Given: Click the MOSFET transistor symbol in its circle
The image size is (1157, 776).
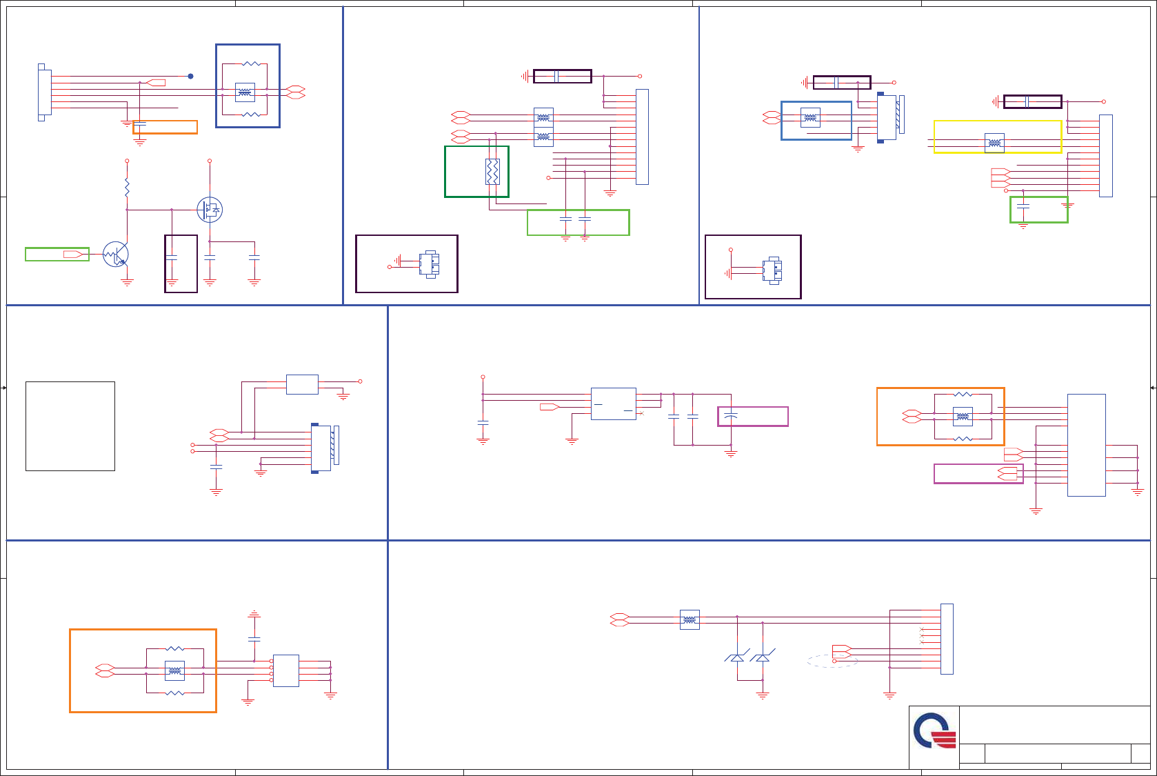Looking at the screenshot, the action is pyautogui.click(x=210, y=210).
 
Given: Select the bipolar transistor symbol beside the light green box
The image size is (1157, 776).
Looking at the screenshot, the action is pyautogui.click(x=116, y=255).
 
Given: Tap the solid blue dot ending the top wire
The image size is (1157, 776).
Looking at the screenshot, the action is pyautogui.click(x=190, y=77).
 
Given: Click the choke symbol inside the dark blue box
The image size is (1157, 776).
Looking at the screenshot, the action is pyautogui.click(x=245, y=92).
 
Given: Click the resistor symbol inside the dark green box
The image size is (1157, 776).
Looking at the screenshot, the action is pyautogui.click(x=492, y=172).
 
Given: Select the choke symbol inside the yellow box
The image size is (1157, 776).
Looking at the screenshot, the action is pyautogui.click(x=994, y=143).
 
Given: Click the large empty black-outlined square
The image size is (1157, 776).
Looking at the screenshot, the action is pyautogui.click(x=70, y=426).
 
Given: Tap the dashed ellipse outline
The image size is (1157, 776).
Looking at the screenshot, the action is pyautogui.click(x=832, y=661).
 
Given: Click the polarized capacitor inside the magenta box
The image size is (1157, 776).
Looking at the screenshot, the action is pyautogui.click(x=732, y=416).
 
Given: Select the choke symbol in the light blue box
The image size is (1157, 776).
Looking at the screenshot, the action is pyautogui.click(x=810, y=118).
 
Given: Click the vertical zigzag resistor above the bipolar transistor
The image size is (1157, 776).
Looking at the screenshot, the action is pyautogui.click(x=127, y=187).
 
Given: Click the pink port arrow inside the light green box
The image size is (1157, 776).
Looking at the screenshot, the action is pyautogui.click(x=73, y=255).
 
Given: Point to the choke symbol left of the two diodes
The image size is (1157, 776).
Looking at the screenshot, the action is pyautogui.click(x=690, y=620).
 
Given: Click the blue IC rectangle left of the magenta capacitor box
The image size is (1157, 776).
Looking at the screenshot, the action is pyautogui.click(x=613, y=404).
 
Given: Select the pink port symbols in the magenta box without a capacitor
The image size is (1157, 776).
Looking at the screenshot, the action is pyautogui.click(x=1007, y=474).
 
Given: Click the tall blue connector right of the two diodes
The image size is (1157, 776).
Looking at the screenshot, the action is pyautogui.click(x=947, y=639).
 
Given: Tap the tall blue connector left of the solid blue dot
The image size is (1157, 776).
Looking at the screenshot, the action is pyautogui.click(x=43, y=92).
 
